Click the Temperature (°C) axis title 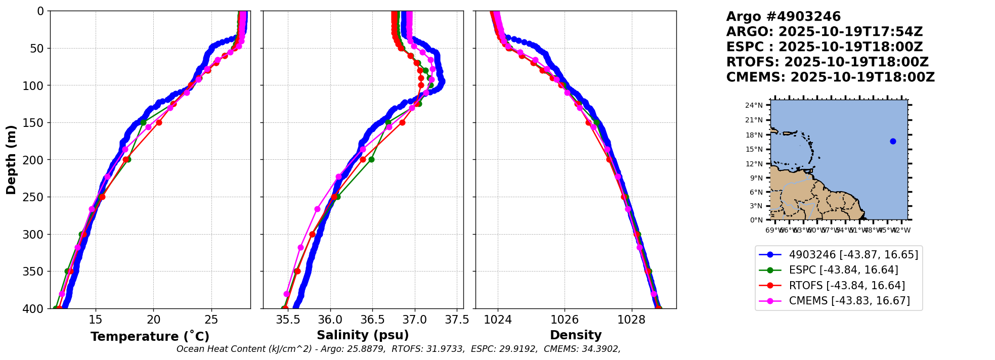[150, 337]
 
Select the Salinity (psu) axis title [363, 335]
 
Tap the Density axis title [576, 335]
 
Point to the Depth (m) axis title [11, 159]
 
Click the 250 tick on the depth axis [35, 197]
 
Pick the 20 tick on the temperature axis [153, 320]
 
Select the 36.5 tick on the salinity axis [372, 320]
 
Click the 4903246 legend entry [853, 255]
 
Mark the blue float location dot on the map [893, 141]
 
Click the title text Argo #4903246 [783, 17]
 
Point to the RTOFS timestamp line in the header [827, 62]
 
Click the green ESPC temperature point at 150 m [143, 122]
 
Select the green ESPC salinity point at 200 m [371, 159]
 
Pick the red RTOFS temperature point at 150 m [159, 122]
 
